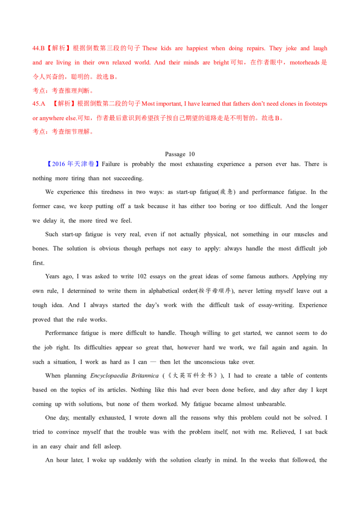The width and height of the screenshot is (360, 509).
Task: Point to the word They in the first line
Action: pyautogui.click(x=275, y=48)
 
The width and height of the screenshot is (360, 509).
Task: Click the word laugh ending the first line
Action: pyautogui.click(x=320, y=48)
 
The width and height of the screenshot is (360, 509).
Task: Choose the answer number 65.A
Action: pyautogui.click(x=38, y=104)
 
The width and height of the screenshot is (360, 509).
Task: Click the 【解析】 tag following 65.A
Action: pyautogui.click(x=65, y=104)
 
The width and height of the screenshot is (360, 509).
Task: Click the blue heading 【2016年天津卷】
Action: pyautogui.click(x=73, y=164)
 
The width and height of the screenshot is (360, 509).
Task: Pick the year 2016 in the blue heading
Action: pyautogui.click(x=57, y=164)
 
